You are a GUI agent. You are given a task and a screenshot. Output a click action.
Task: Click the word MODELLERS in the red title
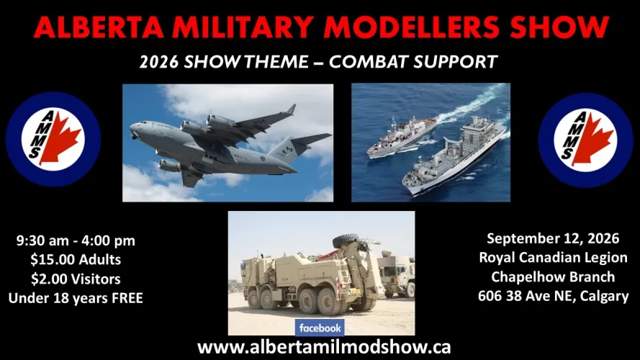[414, 28]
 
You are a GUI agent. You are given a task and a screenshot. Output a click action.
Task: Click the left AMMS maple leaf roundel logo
[53, 139]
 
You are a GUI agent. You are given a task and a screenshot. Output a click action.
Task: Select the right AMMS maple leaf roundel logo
[585, 140]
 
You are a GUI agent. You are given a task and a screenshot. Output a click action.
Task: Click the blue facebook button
[320, 328]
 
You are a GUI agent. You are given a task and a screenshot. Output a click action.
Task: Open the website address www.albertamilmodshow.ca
[324, 347]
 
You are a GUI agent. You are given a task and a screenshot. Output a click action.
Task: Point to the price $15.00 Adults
[76, 260]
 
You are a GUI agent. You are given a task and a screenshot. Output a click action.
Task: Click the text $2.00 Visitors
[76, 279]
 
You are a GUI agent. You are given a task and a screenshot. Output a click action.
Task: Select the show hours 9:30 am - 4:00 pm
[76, 240]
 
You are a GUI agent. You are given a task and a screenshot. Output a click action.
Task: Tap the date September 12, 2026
[553, 238]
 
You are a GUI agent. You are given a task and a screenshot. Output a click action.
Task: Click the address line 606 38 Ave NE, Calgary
[553, 296]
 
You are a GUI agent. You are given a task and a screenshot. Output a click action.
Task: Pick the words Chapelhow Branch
[553, 276]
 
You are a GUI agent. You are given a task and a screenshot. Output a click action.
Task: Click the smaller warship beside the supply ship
[401, 136]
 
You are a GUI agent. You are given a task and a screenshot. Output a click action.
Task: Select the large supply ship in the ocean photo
[454, 156]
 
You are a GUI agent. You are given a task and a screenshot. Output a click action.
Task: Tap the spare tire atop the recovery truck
[346, 240]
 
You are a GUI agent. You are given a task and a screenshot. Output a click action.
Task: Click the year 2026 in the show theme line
[159, 62]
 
